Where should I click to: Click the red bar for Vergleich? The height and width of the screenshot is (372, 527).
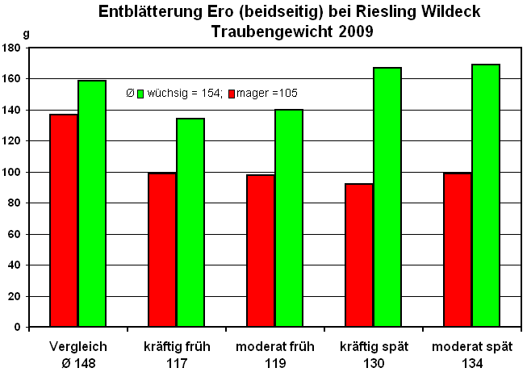click(64, 220)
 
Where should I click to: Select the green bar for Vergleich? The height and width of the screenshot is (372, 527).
click(92, 203)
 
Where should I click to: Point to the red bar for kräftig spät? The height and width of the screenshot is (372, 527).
click(359, 255)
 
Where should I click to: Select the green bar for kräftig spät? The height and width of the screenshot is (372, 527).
click(387, 197)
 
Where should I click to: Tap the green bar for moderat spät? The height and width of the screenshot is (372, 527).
click(486, 195)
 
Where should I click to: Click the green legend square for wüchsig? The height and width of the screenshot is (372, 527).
click(140, 93)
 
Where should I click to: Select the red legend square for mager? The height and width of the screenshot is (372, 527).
click(231, 93)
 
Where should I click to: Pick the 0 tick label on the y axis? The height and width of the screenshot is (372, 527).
click(16, 327)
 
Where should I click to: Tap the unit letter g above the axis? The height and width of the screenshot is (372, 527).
click(27, 34)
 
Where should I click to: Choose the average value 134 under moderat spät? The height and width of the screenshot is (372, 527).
click(471, 363)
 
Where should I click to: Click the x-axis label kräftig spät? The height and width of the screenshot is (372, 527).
click(374, 347)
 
